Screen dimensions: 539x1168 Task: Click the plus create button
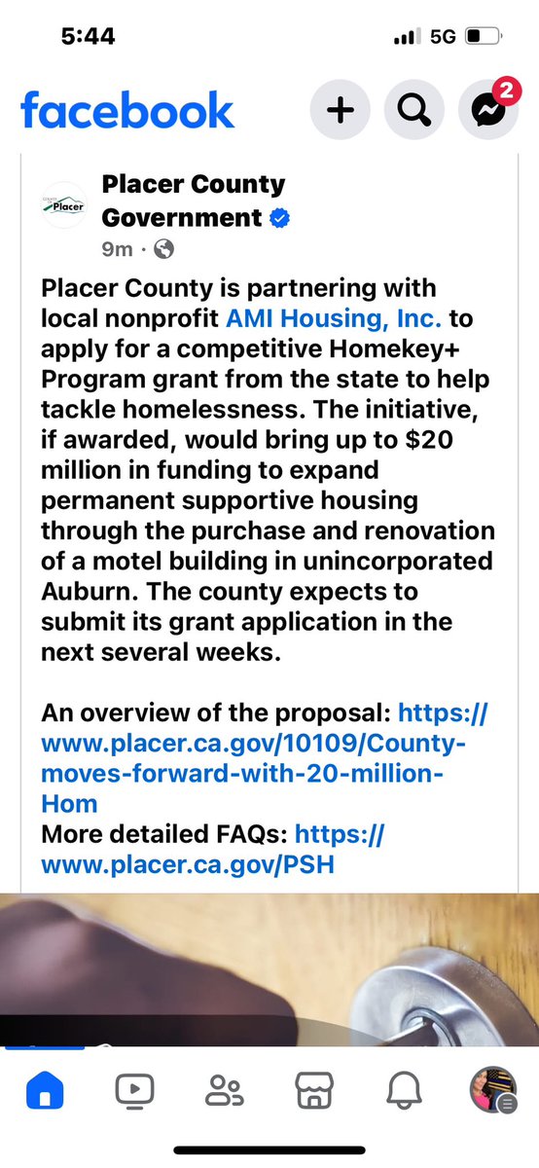(339, 110)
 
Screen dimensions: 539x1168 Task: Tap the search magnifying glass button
(413, 110)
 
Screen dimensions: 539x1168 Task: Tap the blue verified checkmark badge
(279, 218)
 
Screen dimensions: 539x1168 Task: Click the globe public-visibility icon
(164, 249)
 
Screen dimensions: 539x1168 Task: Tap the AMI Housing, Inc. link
(335, 317)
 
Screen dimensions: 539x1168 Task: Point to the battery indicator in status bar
(480, 37)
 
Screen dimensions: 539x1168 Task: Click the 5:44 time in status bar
(88, 36)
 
